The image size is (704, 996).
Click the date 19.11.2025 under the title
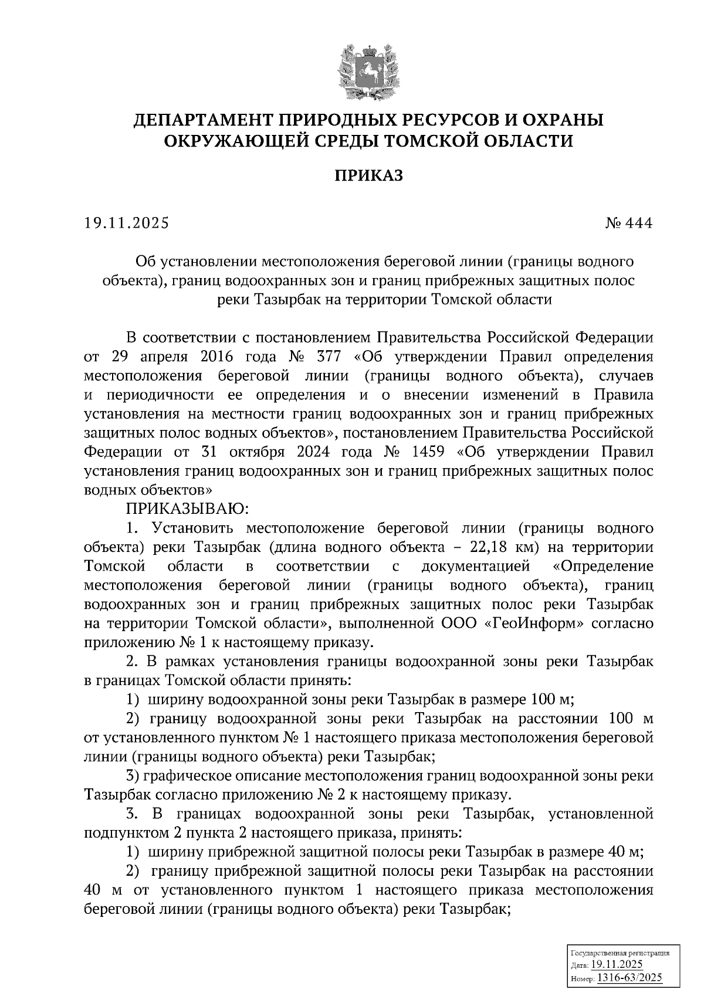pyautogui.click(x=126, y=223)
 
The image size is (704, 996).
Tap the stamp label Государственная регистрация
pyautogui.click(x=620, y=954)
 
